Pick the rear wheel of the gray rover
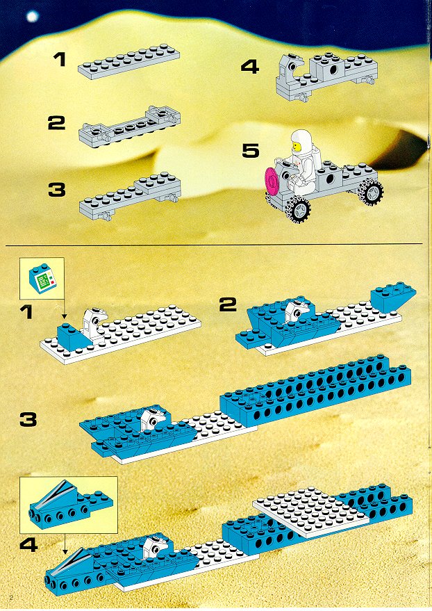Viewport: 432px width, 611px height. (372, 191)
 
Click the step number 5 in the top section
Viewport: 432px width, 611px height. (250, 151)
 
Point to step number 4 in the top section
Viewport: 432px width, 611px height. (250, 67)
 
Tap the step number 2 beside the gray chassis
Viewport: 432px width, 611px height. (56, 123)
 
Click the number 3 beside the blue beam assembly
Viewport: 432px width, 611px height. (28, 420)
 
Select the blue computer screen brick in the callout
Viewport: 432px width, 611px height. (42, 277)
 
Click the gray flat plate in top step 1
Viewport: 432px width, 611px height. (128, 63)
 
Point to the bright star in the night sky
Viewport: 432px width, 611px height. (32, 17)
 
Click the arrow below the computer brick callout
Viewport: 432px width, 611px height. (65, 307)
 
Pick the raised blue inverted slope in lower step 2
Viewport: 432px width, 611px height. (393, 297)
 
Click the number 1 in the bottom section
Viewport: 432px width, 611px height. (26, 312)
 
